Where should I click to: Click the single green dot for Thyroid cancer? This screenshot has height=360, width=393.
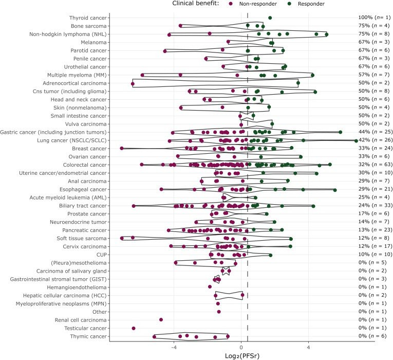[270, 18]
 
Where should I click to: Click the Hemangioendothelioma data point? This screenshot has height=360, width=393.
[210, 286]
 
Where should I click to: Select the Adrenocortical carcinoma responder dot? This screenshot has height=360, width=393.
[298, 83]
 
